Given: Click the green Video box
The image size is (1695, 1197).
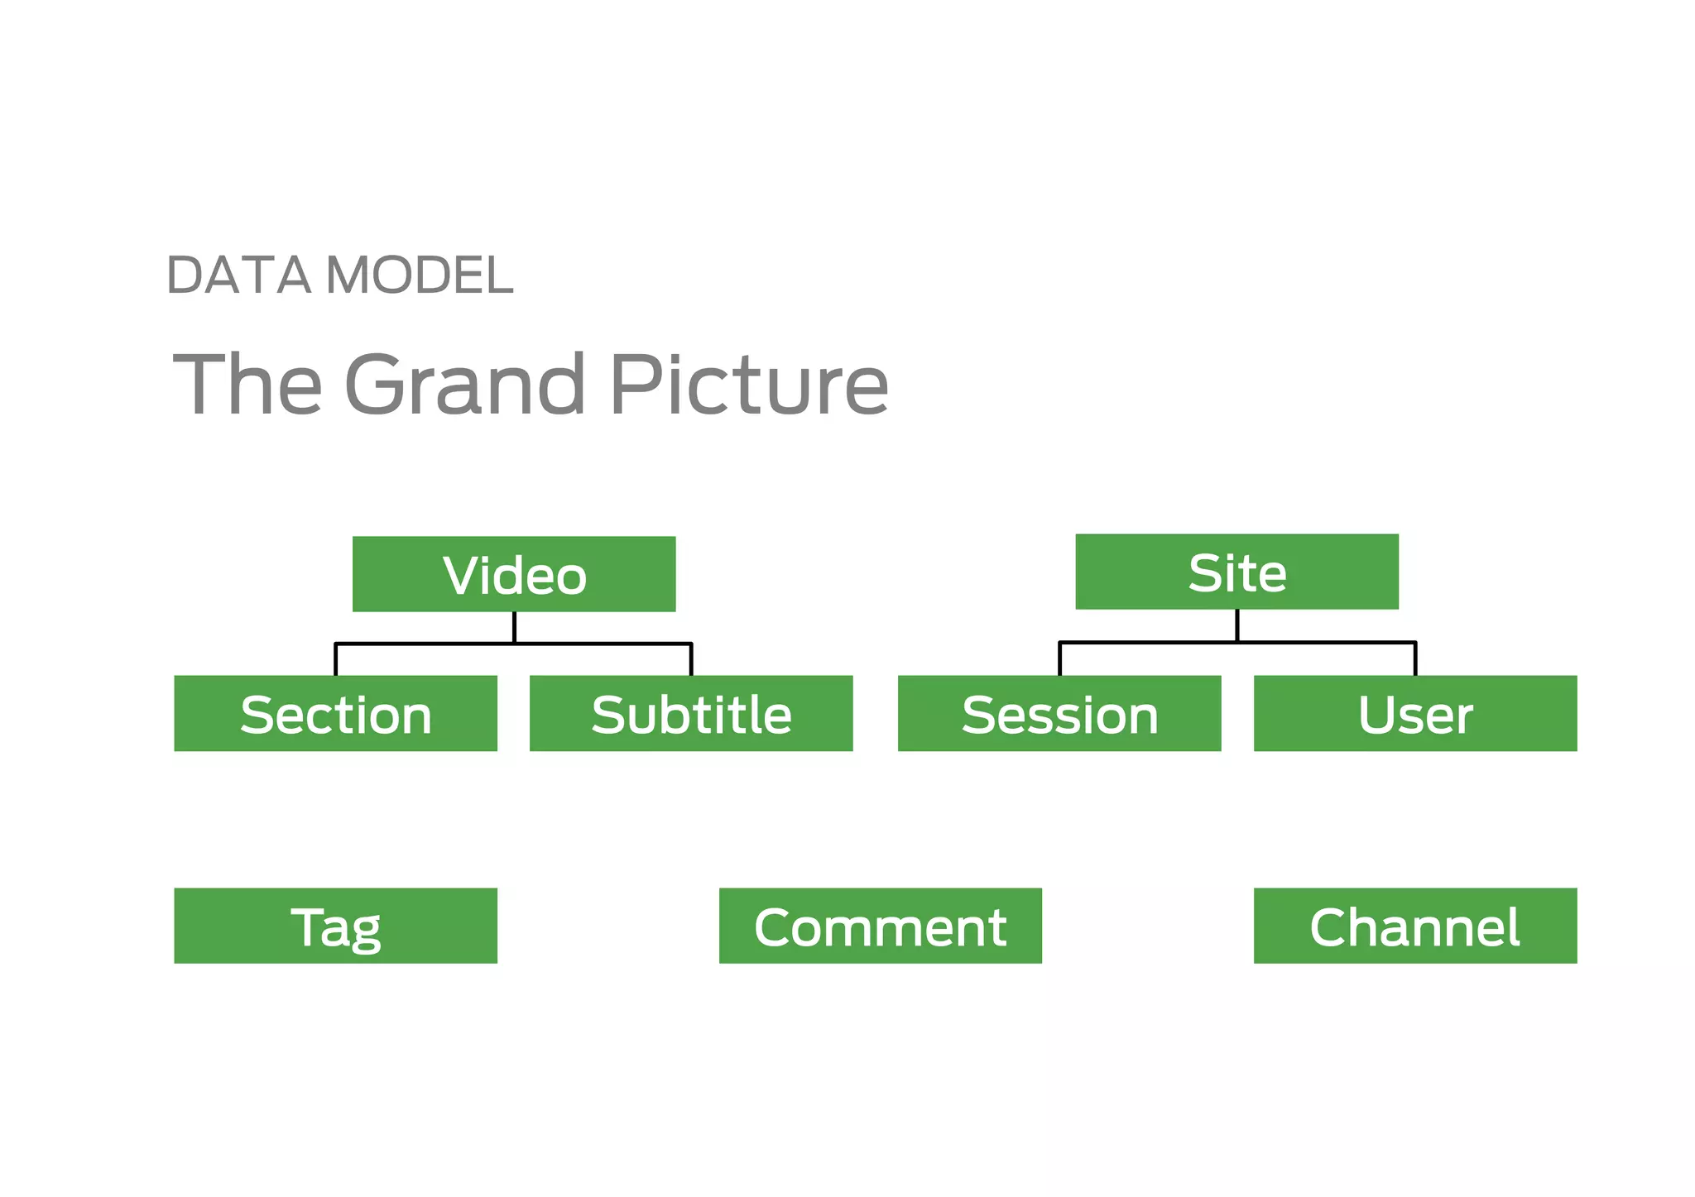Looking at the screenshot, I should click(x=514, y=574).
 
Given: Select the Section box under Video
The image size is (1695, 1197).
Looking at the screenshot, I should click(x=335, y=713).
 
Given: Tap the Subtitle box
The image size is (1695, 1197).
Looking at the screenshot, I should click(x=691, y=713).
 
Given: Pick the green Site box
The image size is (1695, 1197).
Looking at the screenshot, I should click(x=1236, y=572).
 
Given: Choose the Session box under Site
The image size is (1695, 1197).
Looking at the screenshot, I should click(x=1059, y=713).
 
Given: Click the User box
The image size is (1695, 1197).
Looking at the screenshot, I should click(x=1415, y=713).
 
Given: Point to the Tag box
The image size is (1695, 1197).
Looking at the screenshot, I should click(x=335, y=926).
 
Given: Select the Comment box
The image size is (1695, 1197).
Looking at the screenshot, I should click(x=881, y=926).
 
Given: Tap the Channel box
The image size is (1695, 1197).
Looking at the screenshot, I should click(x=1415, y=926).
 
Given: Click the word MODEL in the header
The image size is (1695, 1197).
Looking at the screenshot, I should click(x=420, y=275).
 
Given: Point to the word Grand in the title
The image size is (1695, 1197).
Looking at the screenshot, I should click(x=464, y=384).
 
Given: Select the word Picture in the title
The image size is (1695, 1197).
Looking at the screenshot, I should click(x=749, y=384).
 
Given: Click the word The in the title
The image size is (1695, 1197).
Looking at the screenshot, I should click(x=247, y=384).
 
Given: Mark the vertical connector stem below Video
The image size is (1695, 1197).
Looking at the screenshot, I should click(x=514, y=627).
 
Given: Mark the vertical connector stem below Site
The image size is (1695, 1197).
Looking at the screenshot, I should click(x=1237, y=625).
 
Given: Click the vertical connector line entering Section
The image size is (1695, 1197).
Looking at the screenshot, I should click(x=335, y=659).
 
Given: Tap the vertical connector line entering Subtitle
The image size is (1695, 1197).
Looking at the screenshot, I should click(x=691, y=659).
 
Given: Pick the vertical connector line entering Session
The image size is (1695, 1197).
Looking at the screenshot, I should click(x=1059, y=658).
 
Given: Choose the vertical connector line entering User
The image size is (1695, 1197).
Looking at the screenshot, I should click(x=1415, y=658).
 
